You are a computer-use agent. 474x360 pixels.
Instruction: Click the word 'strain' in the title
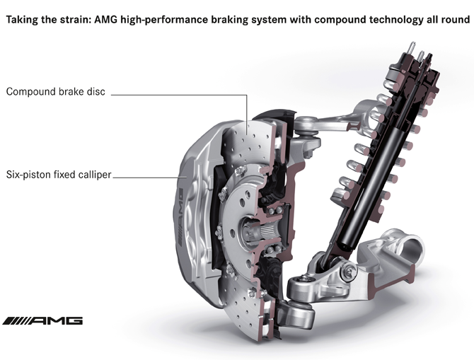[x=74, y=20]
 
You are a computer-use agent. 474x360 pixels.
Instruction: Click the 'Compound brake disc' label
[x=56, y=91]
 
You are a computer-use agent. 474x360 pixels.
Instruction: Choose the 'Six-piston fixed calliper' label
[x=59, y=175]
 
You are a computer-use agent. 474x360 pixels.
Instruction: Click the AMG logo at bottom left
[x=42, y=320]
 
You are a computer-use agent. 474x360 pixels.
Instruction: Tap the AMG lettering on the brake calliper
[x=180, y=216]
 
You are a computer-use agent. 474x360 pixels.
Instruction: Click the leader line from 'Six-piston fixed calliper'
[x=150, y=178]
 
